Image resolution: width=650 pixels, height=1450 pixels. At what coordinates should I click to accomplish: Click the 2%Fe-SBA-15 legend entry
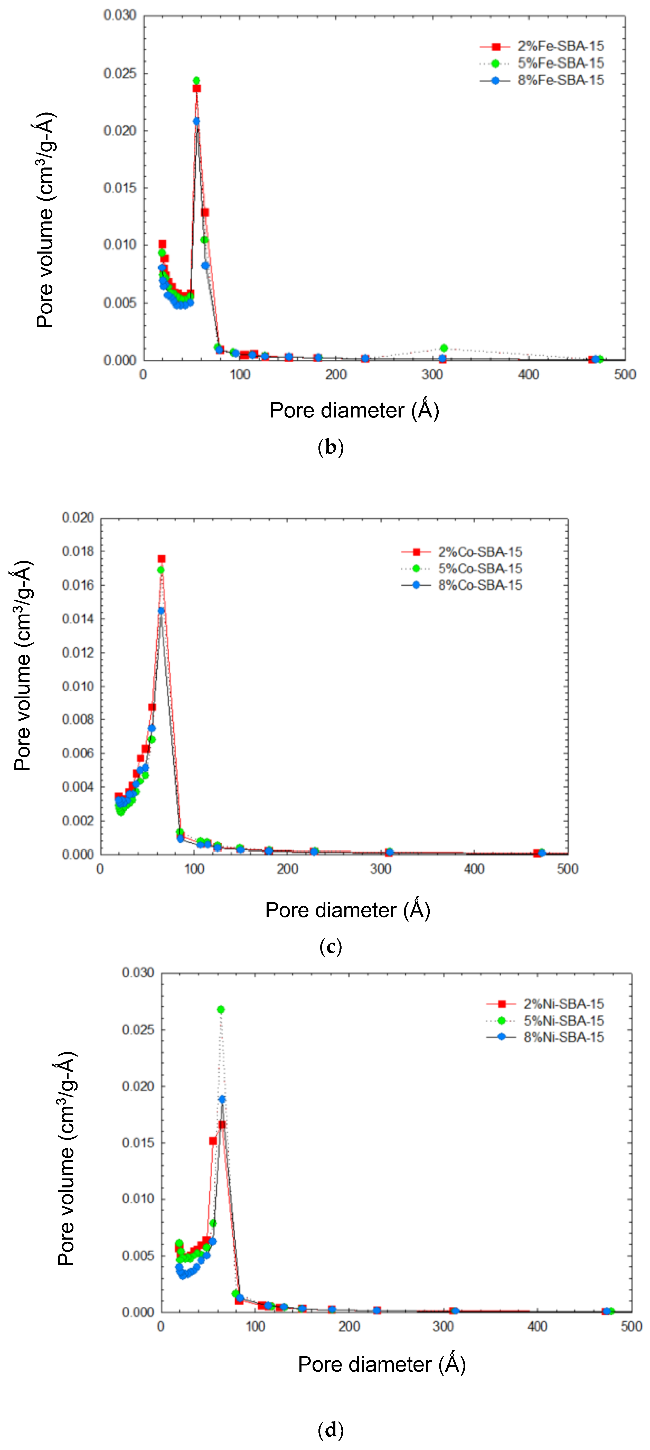click(x=560, y=46)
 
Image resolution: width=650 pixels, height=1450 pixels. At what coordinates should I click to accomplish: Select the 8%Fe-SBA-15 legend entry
click(x=560, y=80)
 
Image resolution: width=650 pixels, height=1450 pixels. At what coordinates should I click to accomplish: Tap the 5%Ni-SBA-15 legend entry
click(x=563, y=1020)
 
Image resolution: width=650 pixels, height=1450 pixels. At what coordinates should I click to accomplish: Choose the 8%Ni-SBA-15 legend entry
click(x=563, y=1037)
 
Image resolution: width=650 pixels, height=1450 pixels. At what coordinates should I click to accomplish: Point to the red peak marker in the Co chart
click(x=162, y=559)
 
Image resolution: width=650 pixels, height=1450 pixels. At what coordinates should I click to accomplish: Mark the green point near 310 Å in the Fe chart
click(x=444, y=348)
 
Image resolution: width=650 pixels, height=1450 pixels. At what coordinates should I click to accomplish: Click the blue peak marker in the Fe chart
click(x=196, y=120)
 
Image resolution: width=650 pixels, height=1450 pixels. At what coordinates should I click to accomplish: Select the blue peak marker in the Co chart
click(x=161, y=610)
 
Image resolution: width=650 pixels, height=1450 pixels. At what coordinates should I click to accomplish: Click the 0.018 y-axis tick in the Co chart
click(x=78, y=551)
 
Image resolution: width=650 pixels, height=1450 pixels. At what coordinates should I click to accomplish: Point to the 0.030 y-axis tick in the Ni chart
click(x=138, y=973)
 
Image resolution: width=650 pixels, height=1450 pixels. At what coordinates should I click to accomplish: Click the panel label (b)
click(x=330, y=448)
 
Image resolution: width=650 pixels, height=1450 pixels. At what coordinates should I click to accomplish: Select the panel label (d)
click(x=330, y=1429)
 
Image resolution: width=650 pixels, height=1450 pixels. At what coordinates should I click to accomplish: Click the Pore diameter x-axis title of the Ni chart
click(x=382, y=1364)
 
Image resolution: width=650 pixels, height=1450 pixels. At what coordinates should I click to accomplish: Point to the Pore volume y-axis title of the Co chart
click(x=23, y=666)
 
